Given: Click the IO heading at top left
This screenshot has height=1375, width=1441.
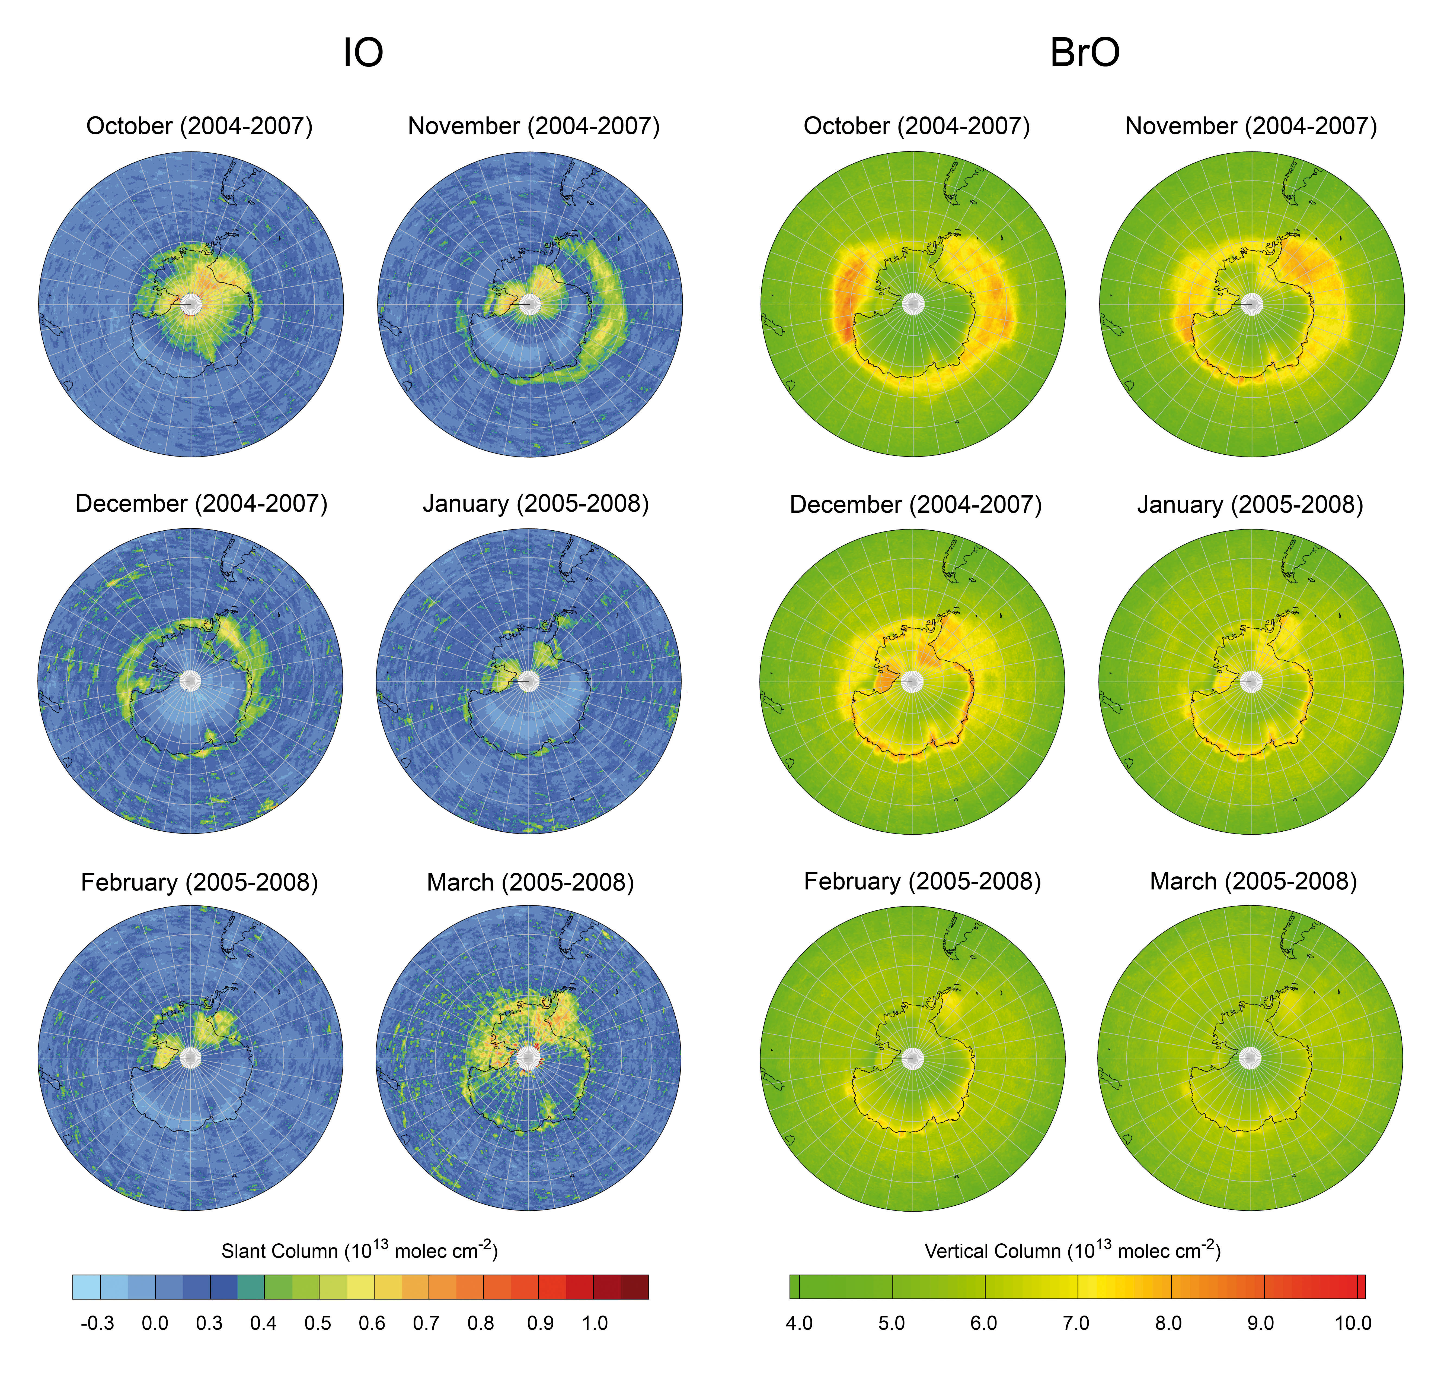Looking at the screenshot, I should click(363, 53).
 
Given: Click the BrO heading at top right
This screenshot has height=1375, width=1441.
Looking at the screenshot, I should click(1084, 53).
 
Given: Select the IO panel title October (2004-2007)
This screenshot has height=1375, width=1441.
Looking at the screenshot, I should click(199, 126).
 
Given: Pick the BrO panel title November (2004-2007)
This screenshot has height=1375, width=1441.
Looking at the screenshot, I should click(1251, 126).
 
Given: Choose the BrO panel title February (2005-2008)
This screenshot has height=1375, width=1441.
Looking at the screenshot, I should click(922, 881).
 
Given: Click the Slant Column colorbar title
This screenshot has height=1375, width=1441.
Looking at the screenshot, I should click(360, 1250).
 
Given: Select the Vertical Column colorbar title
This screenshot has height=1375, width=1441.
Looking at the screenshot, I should click(1072, 1250).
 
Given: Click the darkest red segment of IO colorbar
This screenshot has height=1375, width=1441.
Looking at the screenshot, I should click(634, 1287).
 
